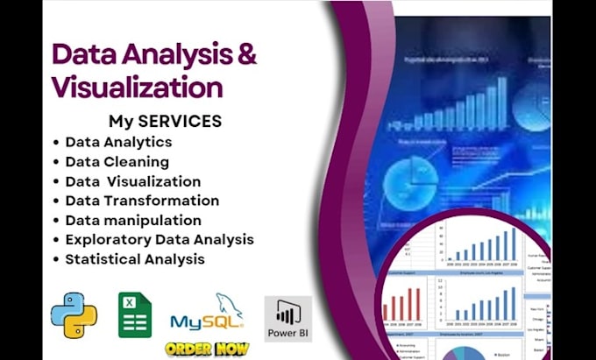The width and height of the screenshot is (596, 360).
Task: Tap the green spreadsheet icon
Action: pos(135,315)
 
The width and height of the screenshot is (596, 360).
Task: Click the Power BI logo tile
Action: pos(287,318)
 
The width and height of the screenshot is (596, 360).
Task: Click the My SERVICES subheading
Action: pos(164,120)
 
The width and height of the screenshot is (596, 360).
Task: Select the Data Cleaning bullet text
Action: pos(117,161)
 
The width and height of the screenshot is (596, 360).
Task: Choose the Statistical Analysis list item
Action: pos(134,258)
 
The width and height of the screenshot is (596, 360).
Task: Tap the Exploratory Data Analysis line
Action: pos(159,239)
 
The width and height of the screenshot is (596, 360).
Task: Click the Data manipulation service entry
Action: pos(132,220)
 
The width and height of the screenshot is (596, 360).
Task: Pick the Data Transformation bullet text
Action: pos(141,201)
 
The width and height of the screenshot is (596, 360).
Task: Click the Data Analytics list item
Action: pos(118,141)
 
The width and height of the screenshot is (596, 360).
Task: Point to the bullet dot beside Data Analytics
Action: pos(57,142)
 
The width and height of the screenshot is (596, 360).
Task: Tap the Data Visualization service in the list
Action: pos(132,181)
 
